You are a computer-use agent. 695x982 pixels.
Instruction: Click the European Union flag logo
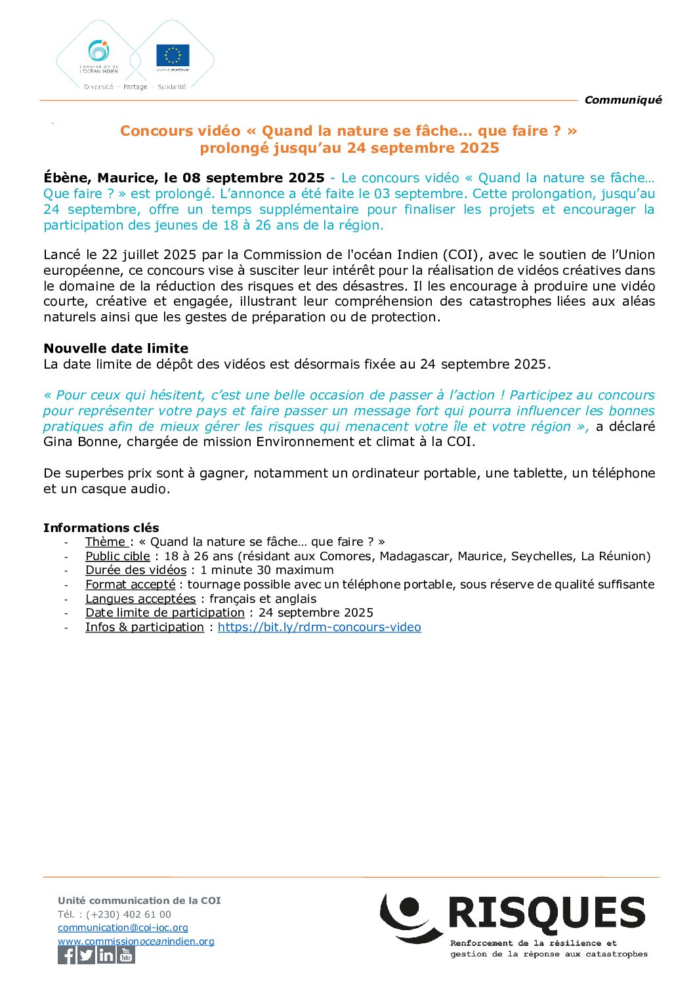point(173,56)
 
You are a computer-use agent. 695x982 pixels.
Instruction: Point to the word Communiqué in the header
point(623,100)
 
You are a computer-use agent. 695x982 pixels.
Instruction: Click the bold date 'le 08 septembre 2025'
point(244,178)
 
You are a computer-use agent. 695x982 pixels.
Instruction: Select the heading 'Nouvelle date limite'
point(116,348)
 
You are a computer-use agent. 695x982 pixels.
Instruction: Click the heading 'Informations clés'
point(101,528)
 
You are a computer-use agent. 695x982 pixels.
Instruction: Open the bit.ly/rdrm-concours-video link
point(319,627)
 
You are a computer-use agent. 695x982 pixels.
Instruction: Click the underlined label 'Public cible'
point(117,556)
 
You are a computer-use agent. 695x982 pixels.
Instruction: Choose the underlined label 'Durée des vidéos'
point(136,570)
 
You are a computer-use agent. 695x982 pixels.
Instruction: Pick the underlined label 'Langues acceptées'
point(140,599)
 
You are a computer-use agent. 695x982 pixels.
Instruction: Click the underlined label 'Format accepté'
point(131,584)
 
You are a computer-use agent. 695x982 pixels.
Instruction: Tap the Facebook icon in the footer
point(67,955)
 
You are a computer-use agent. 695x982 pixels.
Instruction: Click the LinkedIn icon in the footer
point(106,955)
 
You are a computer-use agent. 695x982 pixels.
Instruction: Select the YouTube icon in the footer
point(126,955)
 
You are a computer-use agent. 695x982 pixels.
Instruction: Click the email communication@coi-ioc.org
point(123,928)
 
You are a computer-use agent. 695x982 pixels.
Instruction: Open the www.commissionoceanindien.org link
point(136,941)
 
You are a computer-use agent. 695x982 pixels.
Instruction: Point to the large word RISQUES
point(547,913)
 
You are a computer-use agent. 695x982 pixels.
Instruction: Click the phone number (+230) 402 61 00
point(129,914)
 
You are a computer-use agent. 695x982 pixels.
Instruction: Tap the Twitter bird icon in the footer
point(87,955)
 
